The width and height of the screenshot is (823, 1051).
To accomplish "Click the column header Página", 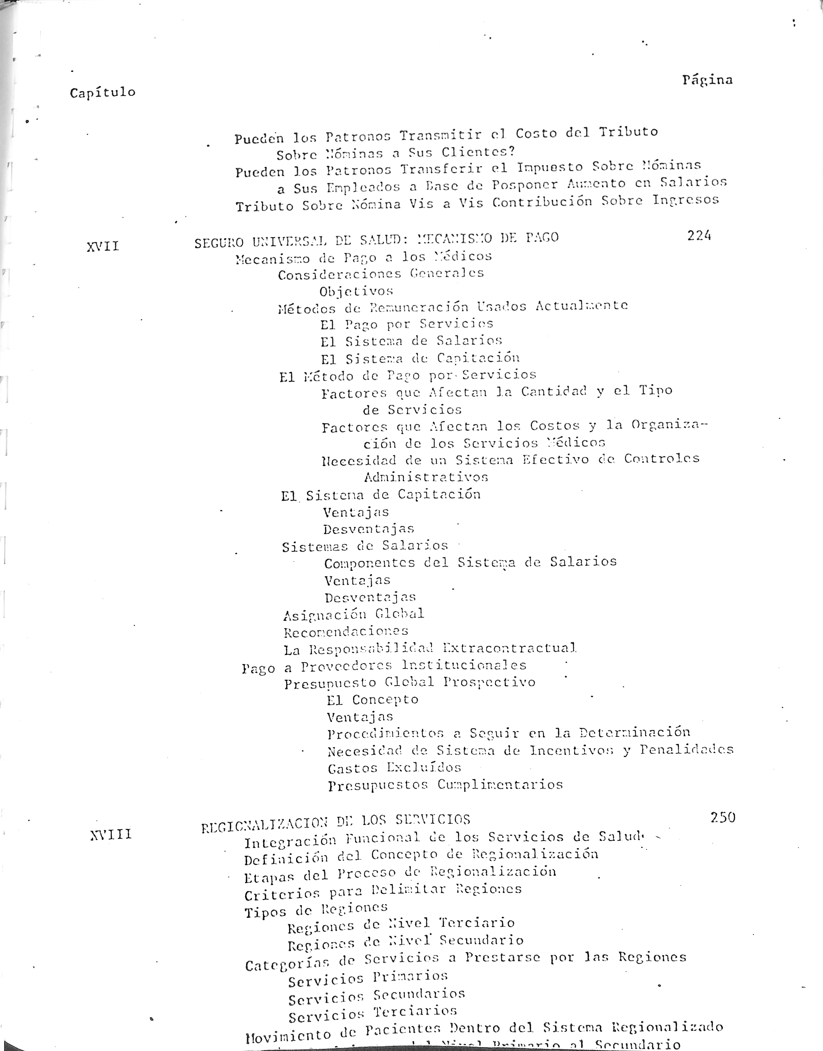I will coord(707,80).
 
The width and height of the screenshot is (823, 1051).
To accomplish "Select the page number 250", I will coord(723,817).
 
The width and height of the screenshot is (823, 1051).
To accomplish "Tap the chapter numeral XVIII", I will coord(111,834).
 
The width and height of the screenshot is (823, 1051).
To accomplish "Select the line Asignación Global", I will coord(354,614).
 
